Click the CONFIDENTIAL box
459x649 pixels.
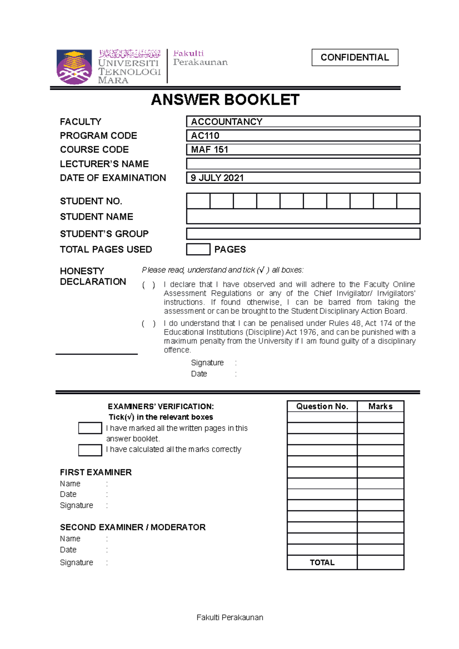click(x=355, y=57)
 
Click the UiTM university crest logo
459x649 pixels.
click(x=74, y=67)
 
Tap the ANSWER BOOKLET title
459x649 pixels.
click(x=225, y=100)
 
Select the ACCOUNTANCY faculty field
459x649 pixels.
click(x=303, y=122)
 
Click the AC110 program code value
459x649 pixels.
click(x=205, y=136)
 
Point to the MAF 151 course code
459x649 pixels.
click(x=210, y=149)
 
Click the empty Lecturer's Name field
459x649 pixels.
click(x=303, y=164)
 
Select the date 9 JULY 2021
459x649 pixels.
click(x=217, y=178)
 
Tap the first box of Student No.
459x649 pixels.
click(x=198, y=201)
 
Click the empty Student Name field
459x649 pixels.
click(x=303, y=217)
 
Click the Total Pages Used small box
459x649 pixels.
click(x=198, y=249)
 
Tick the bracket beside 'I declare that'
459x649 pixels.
click(x=149, y=285)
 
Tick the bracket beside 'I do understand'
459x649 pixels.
click(x=149, y=324)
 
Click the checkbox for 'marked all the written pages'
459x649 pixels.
click(x=90, y=428)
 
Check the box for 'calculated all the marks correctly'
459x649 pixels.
click(x=90, y=450)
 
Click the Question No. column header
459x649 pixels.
click(x=322, y=406)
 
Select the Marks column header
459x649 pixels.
click(x=380, y=406)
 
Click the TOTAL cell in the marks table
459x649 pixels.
click(x=322, y=562)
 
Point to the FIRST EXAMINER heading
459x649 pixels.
click(x=96, y=472)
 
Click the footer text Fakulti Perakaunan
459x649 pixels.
click(x=229, y=617)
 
